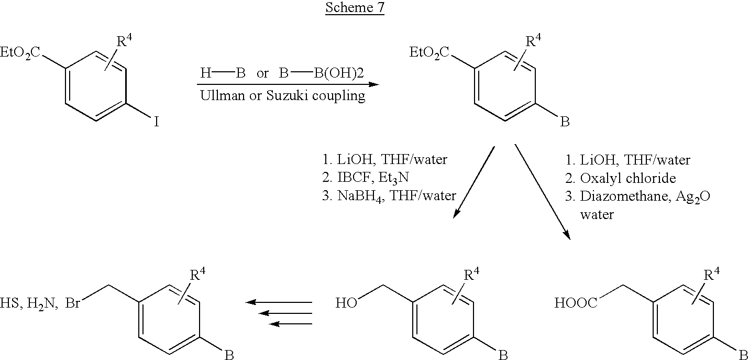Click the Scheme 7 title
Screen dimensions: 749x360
click(355, 7)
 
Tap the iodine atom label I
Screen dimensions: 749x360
click(156, 122)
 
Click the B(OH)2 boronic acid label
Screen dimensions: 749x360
click(339, 73)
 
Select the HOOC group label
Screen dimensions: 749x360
click(576, 303)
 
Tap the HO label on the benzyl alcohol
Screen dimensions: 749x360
click(346, 303)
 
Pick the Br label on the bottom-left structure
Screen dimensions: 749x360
click(73, 303)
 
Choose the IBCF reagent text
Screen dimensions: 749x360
click(355, 177)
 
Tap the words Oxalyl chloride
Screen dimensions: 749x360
click(628, 178)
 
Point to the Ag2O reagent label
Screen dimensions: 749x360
click(692, 197)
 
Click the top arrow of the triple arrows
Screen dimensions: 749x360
click(279, 302)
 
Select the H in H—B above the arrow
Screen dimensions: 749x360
click(206, 73)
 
